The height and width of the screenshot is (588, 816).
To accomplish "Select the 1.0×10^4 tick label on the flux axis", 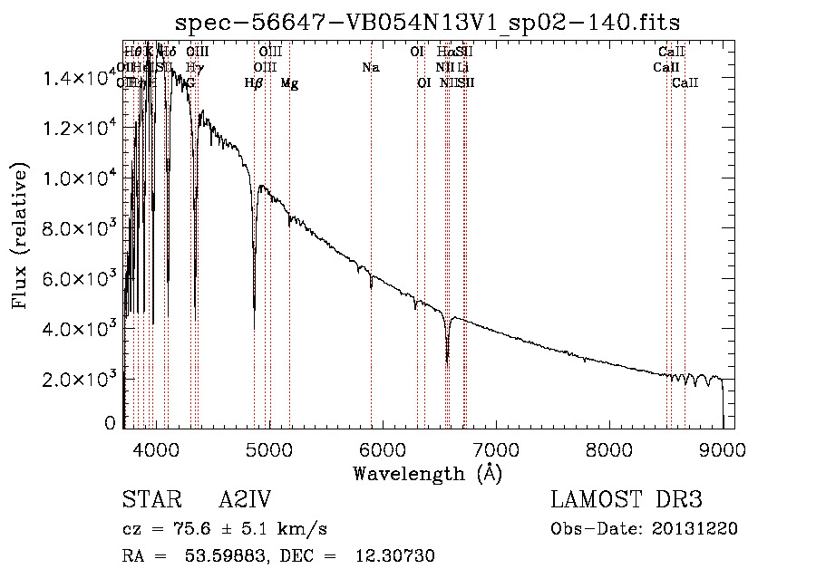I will (81, 178).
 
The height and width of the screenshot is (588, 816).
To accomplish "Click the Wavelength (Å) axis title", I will (427, 473).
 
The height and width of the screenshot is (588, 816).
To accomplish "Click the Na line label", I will (370, 68).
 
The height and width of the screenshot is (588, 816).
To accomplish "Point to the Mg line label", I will (289, 83).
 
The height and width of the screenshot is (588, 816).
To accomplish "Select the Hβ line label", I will (254, 83).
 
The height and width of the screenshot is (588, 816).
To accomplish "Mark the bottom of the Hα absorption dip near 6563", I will (447, 361).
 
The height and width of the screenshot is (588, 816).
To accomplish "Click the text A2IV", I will (245, 500).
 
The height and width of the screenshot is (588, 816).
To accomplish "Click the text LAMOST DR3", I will (627, 500).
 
